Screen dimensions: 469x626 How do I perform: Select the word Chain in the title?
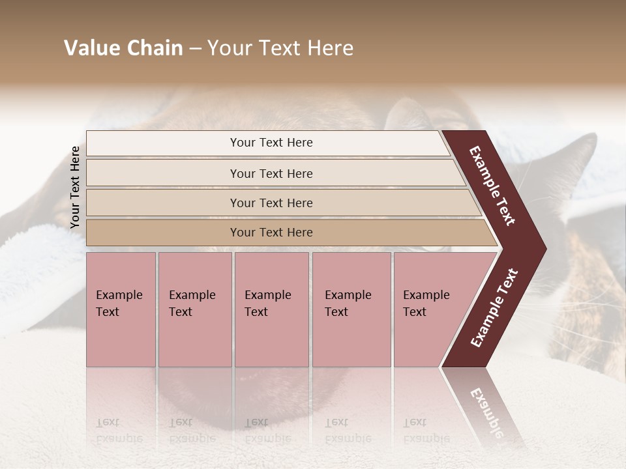154,48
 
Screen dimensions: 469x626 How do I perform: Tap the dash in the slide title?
195,49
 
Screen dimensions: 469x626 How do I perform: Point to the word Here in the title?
329,48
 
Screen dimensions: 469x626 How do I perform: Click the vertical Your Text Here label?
75,187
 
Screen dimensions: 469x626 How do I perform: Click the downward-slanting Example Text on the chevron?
492,186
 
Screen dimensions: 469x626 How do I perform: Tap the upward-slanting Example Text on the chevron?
494,307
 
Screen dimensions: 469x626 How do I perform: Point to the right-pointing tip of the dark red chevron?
544,248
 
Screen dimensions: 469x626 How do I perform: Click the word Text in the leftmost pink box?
108,312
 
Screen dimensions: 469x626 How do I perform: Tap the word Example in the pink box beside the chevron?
426,295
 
